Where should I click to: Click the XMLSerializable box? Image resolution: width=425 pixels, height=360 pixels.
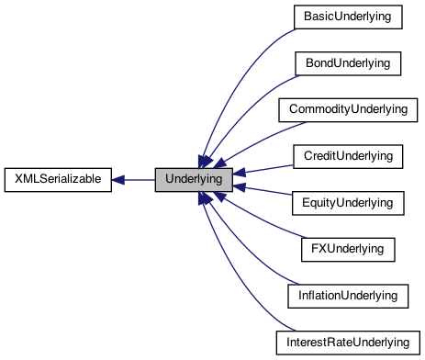click(x=58, y=179)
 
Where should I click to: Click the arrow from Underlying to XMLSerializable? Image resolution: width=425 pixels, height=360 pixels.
click(x=134, y=179)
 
